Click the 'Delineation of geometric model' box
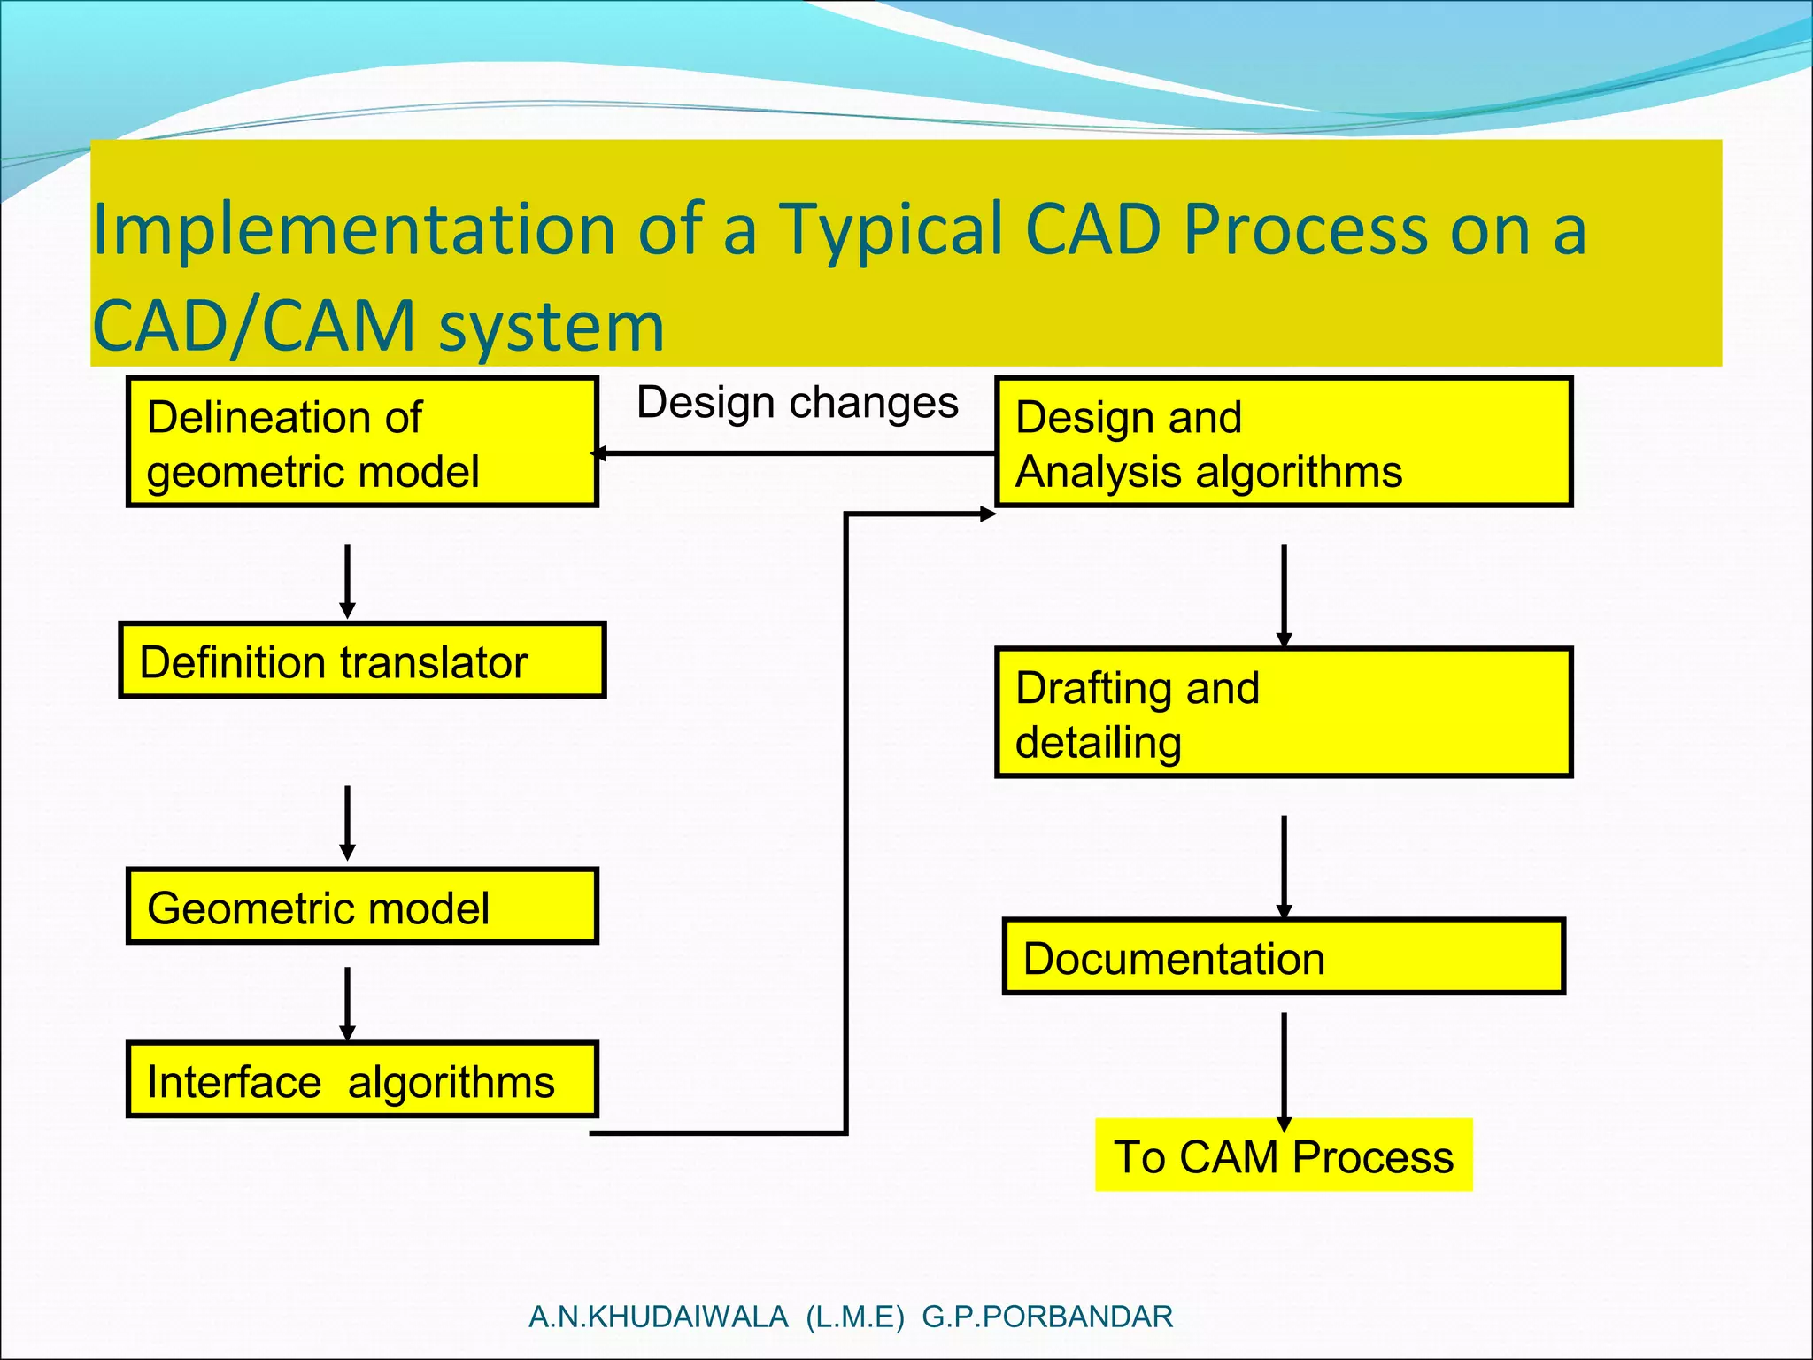tap(362, 442)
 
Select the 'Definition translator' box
tap(362, 661)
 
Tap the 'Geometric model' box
tap(362, 906)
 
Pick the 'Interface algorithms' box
tap(362, 1079)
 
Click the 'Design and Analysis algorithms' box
tap(1284, 442)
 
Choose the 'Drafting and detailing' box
tap(1284, 713)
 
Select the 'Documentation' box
tap(1284, 957)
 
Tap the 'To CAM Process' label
tap(1284, 1156)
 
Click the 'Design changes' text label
tap(797, 403)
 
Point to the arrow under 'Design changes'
tap(797, 453)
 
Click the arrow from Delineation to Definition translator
tap(348, 581)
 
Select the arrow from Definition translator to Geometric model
tap(348, 823)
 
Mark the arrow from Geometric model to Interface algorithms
tap(348, 1004)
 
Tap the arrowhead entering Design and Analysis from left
tap(987, 514)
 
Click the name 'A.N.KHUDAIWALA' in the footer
tap(658, 1317)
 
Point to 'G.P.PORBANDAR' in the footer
tap(1047, 1317)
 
